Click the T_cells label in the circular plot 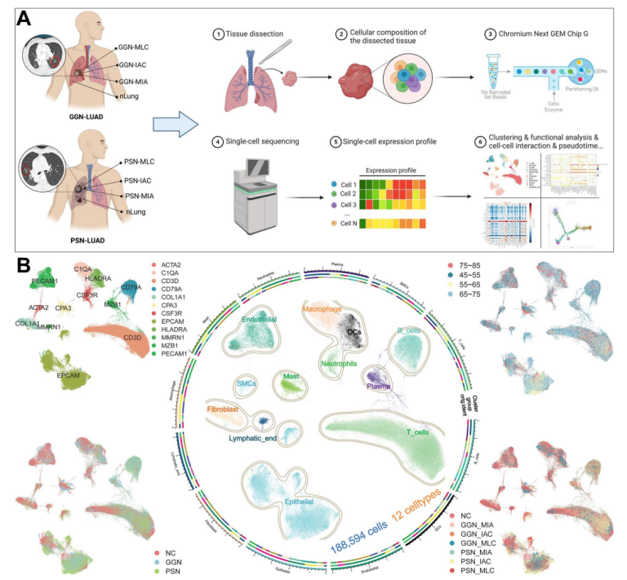(x=420, y=432)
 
